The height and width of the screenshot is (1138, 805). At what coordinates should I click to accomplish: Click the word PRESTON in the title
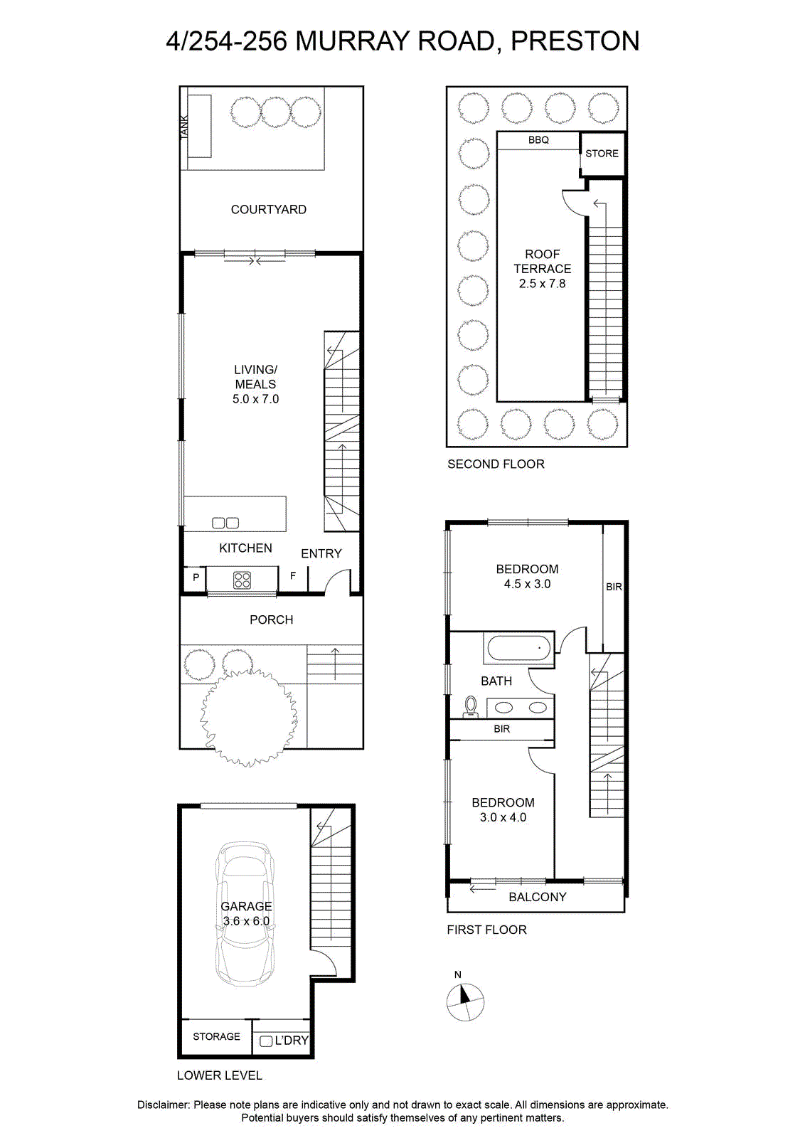(x=575, y=41)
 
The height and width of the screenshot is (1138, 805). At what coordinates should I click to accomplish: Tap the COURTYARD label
(x=268, y=209)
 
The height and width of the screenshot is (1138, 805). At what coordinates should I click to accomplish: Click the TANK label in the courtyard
(x=184, y=127)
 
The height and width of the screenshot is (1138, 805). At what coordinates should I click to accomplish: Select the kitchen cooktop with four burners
(x=242, y=580)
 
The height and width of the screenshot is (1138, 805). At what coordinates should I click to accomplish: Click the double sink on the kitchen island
(x=225, y=522)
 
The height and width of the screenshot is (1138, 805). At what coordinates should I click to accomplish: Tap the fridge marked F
(x=292, y=577)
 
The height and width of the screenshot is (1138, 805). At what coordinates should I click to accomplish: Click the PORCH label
(x=271, y=619)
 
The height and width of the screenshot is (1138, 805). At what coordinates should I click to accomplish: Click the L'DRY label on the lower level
(x=291, y=1040)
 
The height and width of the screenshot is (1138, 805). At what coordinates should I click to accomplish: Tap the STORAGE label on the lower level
(x=216, y=1036)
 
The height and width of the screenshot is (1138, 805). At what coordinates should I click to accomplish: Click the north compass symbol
(x=465, y=1002)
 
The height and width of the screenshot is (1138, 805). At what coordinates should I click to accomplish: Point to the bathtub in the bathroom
(x=519, y=648)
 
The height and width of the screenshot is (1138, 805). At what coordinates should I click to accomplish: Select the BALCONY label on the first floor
(x=538, y=897)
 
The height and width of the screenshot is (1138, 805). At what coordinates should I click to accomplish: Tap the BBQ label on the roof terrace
(x=538, y=139)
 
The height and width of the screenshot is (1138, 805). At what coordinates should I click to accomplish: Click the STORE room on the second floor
(x=602, y=154)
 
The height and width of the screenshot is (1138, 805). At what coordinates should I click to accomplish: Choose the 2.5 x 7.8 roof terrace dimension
(x=542, y=284)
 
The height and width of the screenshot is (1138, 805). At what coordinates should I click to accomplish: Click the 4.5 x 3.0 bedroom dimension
(x=527, y=584)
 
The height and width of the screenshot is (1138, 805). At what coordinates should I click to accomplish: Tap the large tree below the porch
(x=249, y=718)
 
